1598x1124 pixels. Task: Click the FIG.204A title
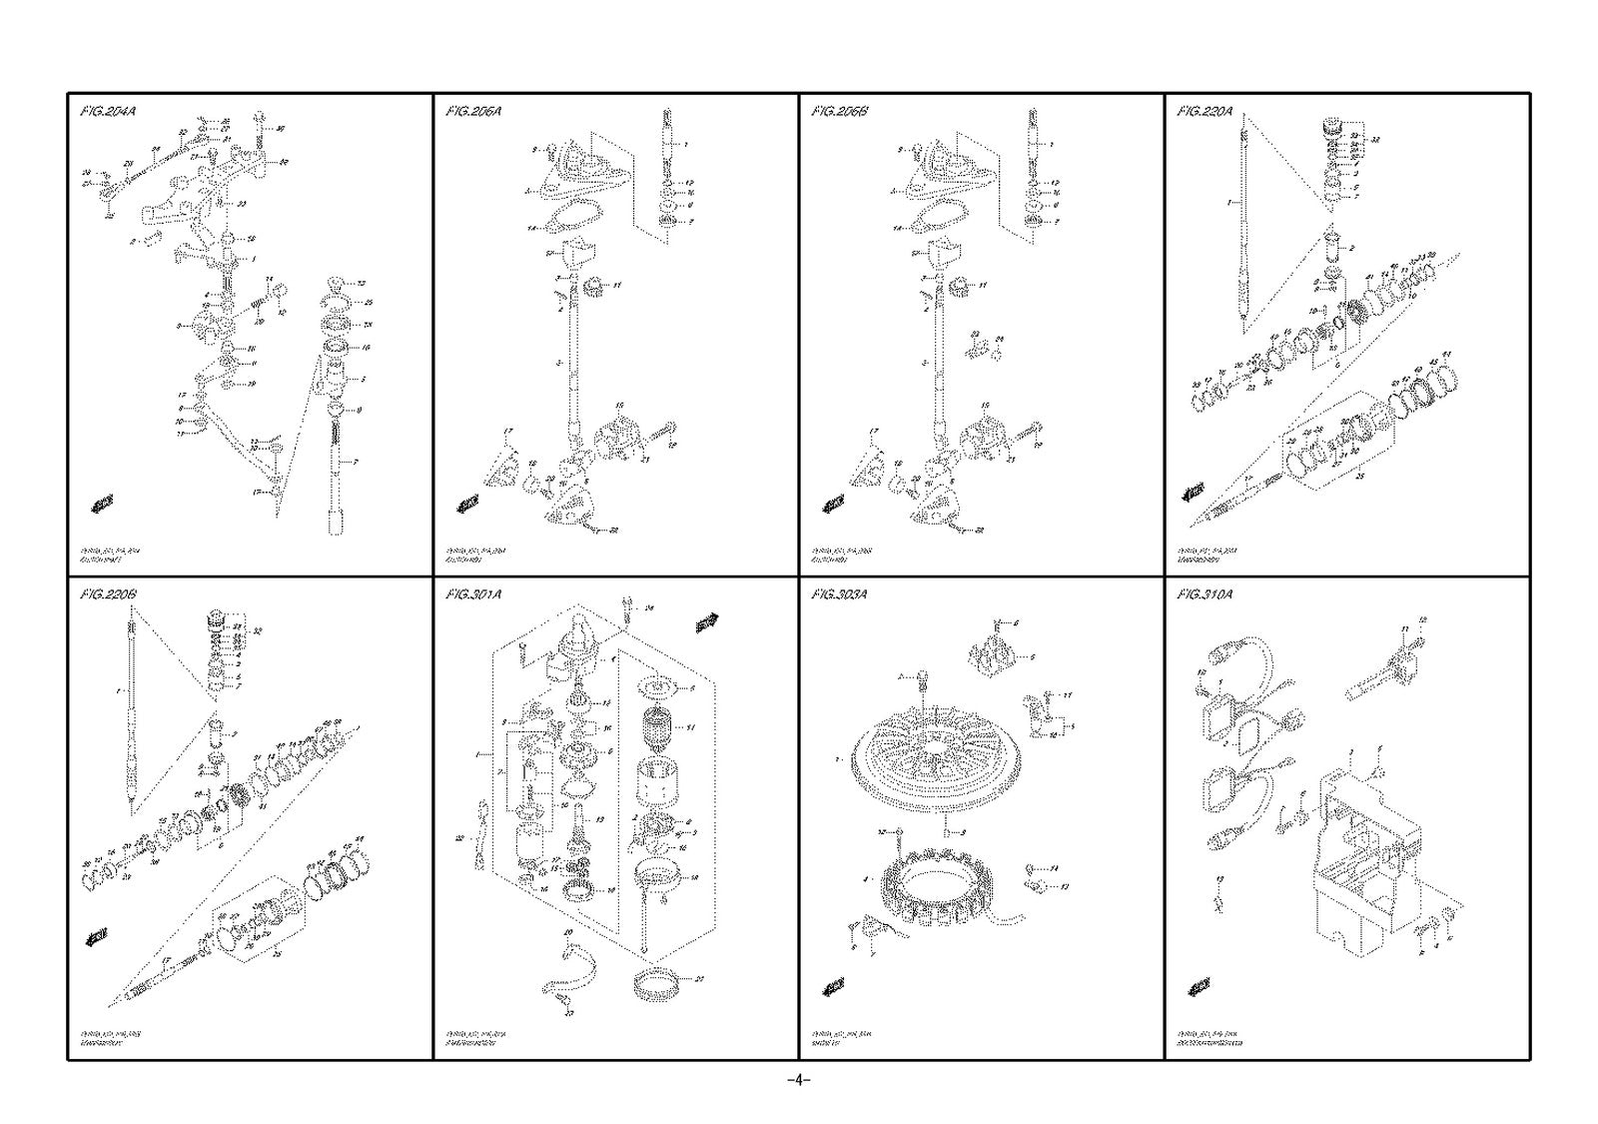pyautogui.click(x=107, y=111)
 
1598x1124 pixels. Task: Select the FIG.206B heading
pyautogui.click(x=839, y=111)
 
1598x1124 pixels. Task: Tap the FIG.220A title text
pyautogui.click(x=1204, y=111)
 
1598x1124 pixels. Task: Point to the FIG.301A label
pyautogui.click(x=473, y=594)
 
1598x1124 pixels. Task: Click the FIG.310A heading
pyautogui.click(x=1204, y=594)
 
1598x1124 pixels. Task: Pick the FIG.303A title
pyautogui.click(x=839, y=594)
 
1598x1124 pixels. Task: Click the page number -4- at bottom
pyautogui.click(x=798, y=1081)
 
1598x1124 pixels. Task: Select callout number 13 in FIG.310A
pyautogui.click(x=1217, y=879)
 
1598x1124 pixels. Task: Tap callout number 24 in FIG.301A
pyautogui.click(x=648, y=607)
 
